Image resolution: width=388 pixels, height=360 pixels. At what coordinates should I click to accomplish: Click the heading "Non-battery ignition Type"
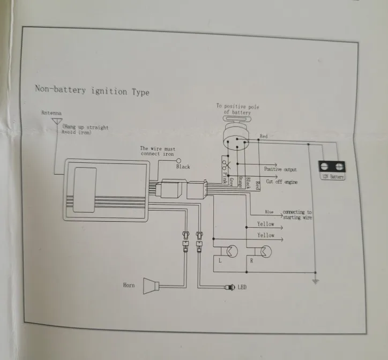(x=92, y=91)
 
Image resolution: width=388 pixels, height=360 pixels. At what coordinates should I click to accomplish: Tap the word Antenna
(x=51, y=114)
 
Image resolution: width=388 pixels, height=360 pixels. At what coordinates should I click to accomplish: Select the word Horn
(x=129, y=286)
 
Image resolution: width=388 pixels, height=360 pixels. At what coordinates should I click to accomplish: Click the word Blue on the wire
(x=268, y=213)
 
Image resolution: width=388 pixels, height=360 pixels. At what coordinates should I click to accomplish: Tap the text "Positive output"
(x=280, y=169)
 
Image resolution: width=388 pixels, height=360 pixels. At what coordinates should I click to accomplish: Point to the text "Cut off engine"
(x=282, y=182)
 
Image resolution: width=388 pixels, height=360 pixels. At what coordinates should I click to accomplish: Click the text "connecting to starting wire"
(x=297, y=215)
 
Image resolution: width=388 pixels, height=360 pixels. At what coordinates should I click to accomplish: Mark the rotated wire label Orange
(x=240, y=181)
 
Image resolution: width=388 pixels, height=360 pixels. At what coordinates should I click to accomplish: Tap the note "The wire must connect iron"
(x=158, y=151)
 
